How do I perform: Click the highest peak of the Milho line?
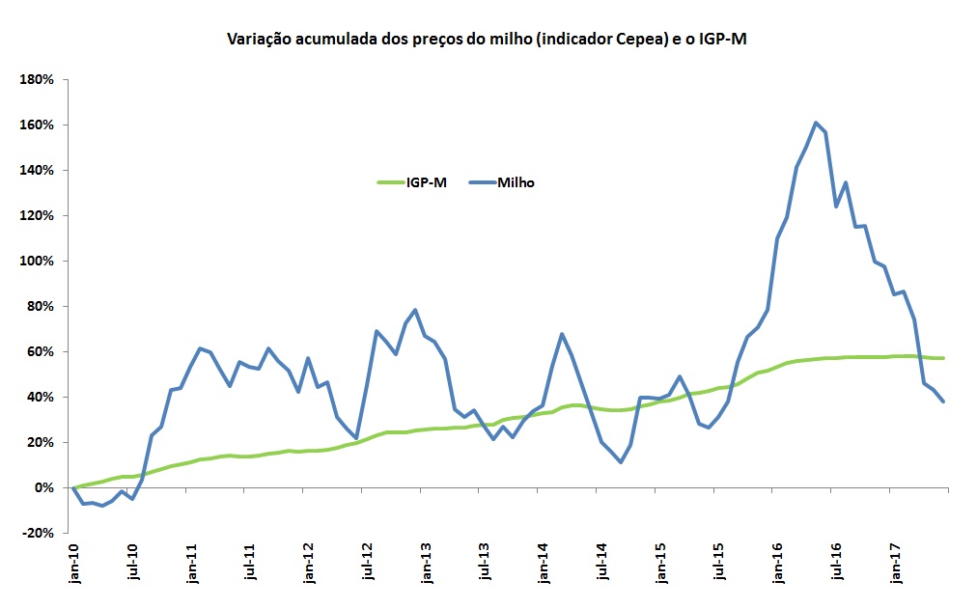click(x=816, y=123)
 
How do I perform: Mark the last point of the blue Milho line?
click(x=942, y=401)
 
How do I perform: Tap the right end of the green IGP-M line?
click(x=942, y=358)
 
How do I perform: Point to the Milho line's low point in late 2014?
click(x=621, y=462)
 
